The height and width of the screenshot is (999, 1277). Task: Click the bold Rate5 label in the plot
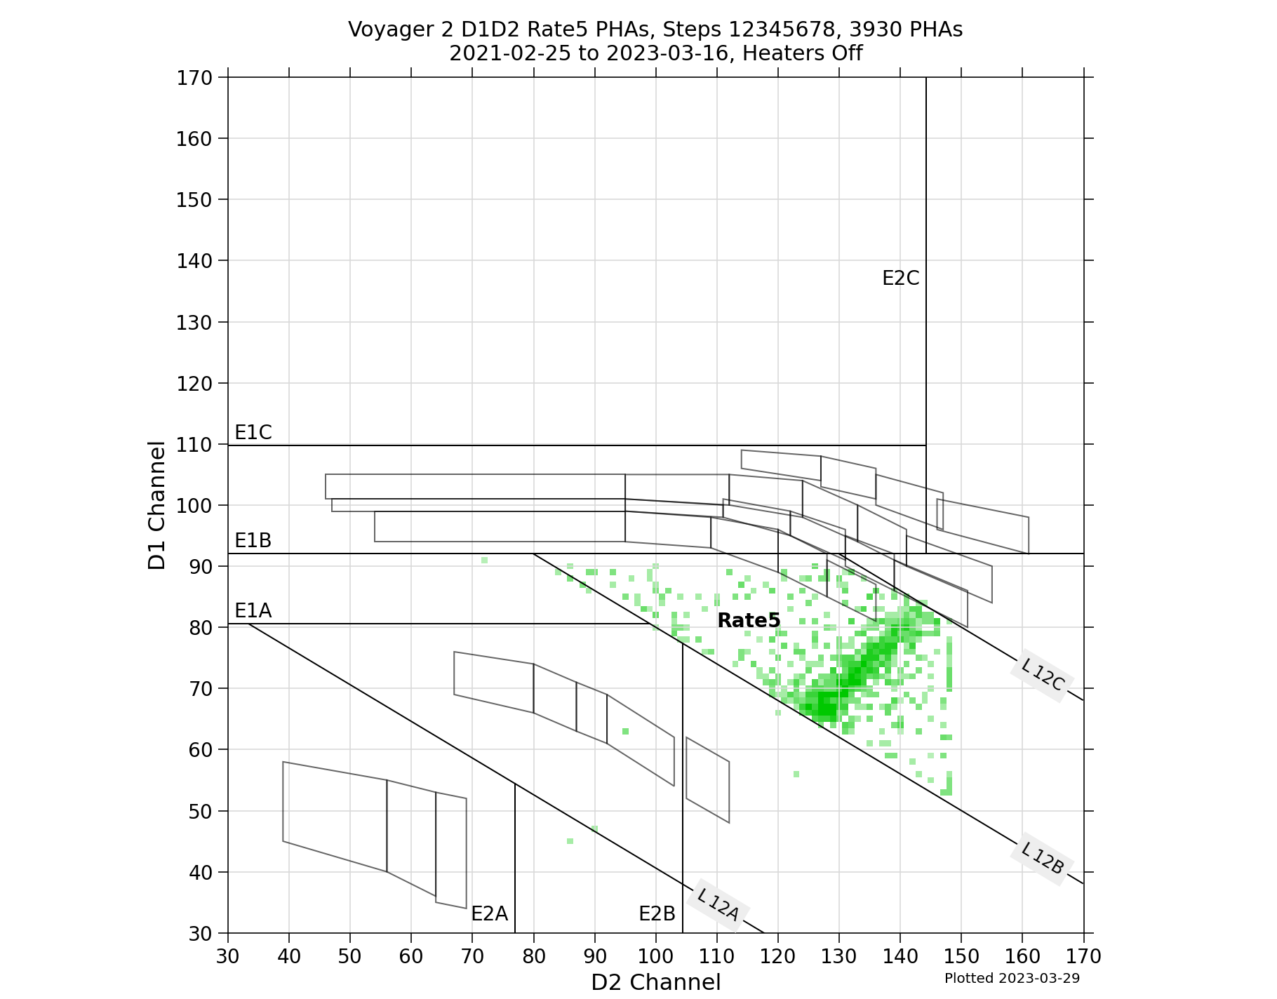(749, 621)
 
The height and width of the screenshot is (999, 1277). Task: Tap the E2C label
(900, 279)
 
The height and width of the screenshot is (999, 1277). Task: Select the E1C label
(253, 433)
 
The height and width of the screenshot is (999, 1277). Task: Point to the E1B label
(253, 540)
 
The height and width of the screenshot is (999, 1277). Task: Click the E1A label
(253, 611)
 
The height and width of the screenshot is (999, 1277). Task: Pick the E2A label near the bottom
(489, 913)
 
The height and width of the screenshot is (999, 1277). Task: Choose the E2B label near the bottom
(657, 913)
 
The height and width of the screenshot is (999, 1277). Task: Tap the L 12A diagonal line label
(718, 905)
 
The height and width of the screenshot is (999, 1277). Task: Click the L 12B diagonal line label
(1043, 858)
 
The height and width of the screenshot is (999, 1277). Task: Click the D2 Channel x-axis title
(655, 982)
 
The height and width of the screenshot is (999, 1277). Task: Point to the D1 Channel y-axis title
(157, 505)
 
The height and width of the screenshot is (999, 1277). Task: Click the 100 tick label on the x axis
(655, 956)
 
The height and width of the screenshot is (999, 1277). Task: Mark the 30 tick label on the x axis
(228, 956)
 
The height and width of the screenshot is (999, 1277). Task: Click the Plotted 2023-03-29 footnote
(1012, 978)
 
